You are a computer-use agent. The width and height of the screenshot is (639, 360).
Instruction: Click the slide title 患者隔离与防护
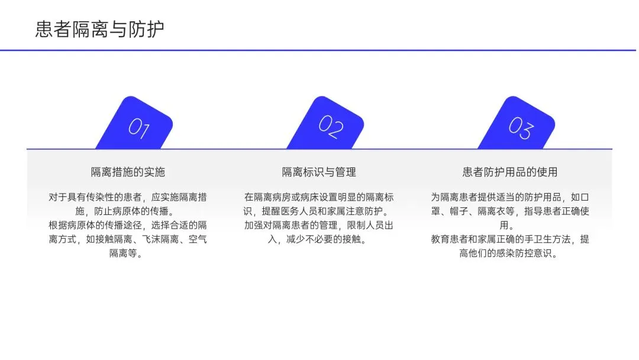point(99,28)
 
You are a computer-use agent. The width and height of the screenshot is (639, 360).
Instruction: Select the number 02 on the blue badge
point(331,125)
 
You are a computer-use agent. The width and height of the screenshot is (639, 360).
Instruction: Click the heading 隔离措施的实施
point(128,172)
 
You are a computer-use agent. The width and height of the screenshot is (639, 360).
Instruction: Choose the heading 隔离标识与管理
point(319,172)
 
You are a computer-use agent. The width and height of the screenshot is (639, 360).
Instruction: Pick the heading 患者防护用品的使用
point(510,172)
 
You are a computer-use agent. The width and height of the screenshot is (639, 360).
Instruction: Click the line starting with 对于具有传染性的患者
point(128,197)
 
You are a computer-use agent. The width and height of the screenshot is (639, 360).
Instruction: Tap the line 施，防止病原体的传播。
point(128,211)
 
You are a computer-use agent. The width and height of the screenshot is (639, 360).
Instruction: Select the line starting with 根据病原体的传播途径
point(128,226)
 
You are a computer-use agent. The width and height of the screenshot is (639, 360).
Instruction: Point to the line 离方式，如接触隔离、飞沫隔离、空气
point(128,240)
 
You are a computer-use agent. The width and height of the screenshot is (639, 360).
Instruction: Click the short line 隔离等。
point(128,254)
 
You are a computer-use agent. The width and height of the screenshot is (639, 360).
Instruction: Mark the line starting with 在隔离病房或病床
point(319,197)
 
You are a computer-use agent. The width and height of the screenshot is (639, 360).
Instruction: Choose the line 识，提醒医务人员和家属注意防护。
point(319,211)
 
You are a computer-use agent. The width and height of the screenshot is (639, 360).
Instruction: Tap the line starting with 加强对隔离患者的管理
point(319,226)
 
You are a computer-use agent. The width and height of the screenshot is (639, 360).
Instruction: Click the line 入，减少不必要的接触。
point(319,240)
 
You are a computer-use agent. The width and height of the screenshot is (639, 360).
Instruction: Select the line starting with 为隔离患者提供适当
point(510,197)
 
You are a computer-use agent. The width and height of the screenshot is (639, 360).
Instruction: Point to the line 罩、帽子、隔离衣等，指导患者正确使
point(510,211)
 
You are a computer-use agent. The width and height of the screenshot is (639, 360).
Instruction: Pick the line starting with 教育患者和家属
point(510,240)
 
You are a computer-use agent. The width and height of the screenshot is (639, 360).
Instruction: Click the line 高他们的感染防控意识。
point(510,254)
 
